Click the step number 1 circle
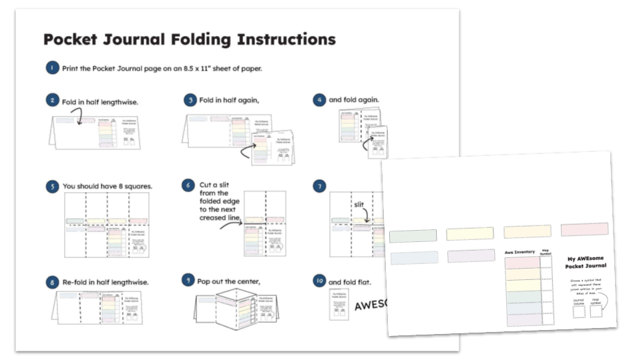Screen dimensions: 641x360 pos(52,68)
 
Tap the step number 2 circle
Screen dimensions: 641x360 pos(52,101)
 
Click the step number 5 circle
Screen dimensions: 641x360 pos(52,186)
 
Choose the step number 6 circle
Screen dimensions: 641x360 pos(189,186)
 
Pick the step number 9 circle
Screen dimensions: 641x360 pos(189,280)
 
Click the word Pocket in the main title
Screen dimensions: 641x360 pos(71,39)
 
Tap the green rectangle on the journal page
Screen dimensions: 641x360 pos(413,235)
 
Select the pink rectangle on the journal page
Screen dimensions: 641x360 pos(584,229)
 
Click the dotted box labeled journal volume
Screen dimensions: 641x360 pos(579,311)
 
